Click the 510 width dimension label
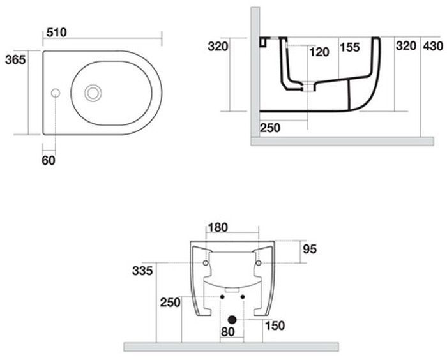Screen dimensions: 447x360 57,33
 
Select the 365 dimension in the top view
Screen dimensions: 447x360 15,59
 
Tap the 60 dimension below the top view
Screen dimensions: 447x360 49,160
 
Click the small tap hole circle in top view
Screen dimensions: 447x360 56,93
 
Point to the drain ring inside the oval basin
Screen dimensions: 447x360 93,93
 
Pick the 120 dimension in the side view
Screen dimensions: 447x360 319,52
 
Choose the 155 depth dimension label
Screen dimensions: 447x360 349,47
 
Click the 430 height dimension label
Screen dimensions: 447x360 433,46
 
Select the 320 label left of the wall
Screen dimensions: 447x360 218,46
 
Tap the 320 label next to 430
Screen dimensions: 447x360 406,46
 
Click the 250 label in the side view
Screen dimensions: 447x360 270,128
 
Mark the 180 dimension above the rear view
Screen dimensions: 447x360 218,227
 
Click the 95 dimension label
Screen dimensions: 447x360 310,249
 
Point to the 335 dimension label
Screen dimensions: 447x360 142,271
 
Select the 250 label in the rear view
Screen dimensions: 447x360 170,303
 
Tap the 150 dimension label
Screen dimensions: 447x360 275,326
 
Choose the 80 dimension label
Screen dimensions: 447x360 227,332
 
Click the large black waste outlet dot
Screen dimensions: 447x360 232,320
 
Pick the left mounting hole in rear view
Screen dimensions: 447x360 206,263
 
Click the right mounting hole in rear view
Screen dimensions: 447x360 259,263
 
